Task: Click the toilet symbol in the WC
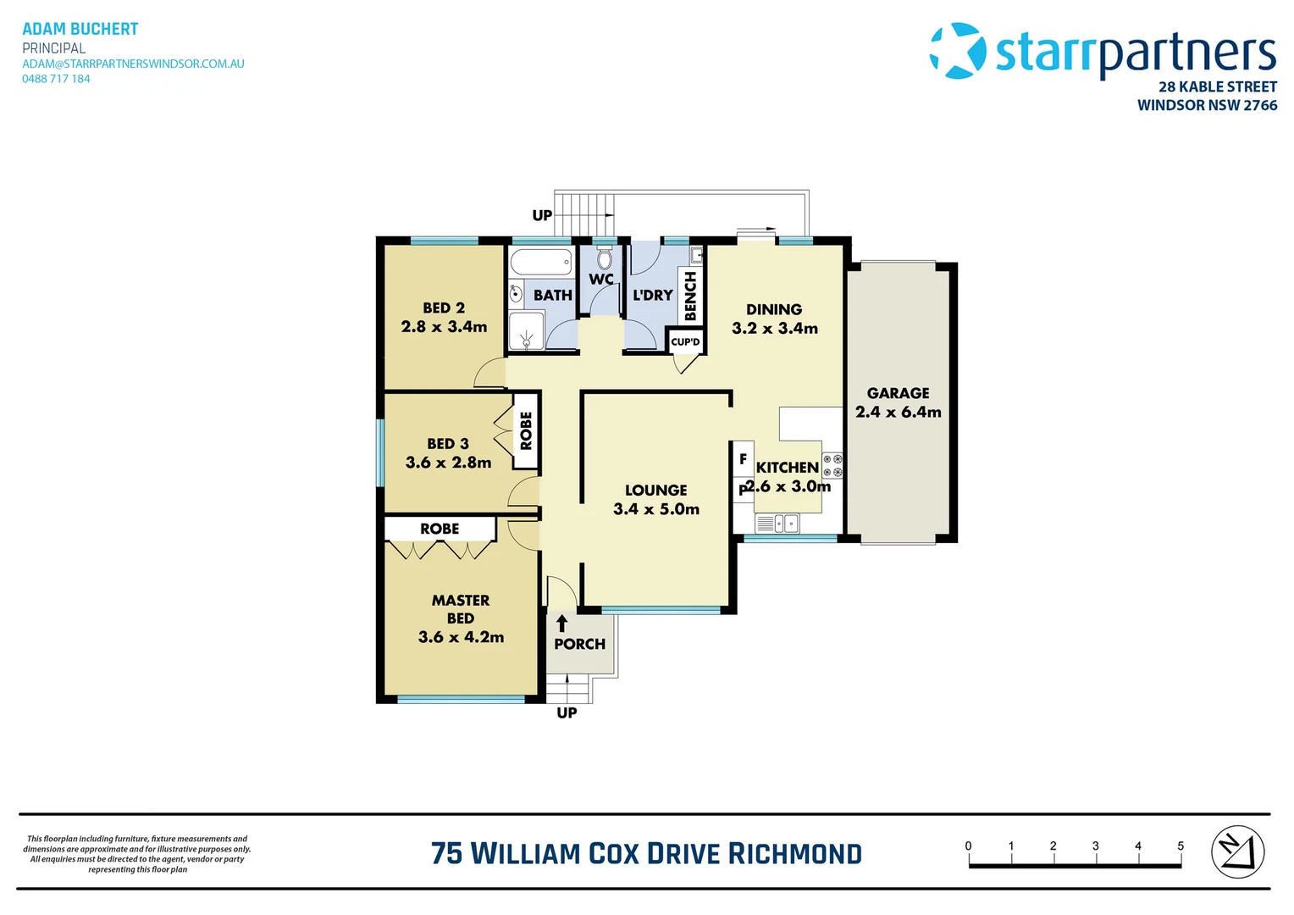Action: [x=605, y=258]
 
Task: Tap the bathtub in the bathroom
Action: [x=541, y=262]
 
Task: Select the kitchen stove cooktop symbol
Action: [x=832, y=465]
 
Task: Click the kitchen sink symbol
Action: [x=777, y=524]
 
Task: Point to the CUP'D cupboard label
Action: [x=685, y=341]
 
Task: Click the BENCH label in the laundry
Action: [x=690, y=296]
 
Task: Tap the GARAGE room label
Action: [x=898, y=393]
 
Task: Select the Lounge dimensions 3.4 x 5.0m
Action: [x=656, y=509]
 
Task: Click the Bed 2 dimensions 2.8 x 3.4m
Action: [x=444, y=326]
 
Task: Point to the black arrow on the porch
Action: [x=561, y=624]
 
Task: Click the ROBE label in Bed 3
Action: [x=526, y=430]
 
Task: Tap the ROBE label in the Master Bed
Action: [x=440, y=529]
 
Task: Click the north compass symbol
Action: [x=1238, y=852]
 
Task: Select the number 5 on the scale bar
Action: [x=1181, y=846]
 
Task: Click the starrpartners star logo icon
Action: [x=958, y=50]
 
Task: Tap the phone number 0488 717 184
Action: [x=56, y=79]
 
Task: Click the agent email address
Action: [x=134, y=64]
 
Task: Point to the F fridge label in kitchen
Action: [x=743, y=459]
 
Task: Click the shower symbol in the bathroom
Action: [x=527, y=331]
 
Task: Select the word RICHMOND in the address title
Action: [x=794, y=854]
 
